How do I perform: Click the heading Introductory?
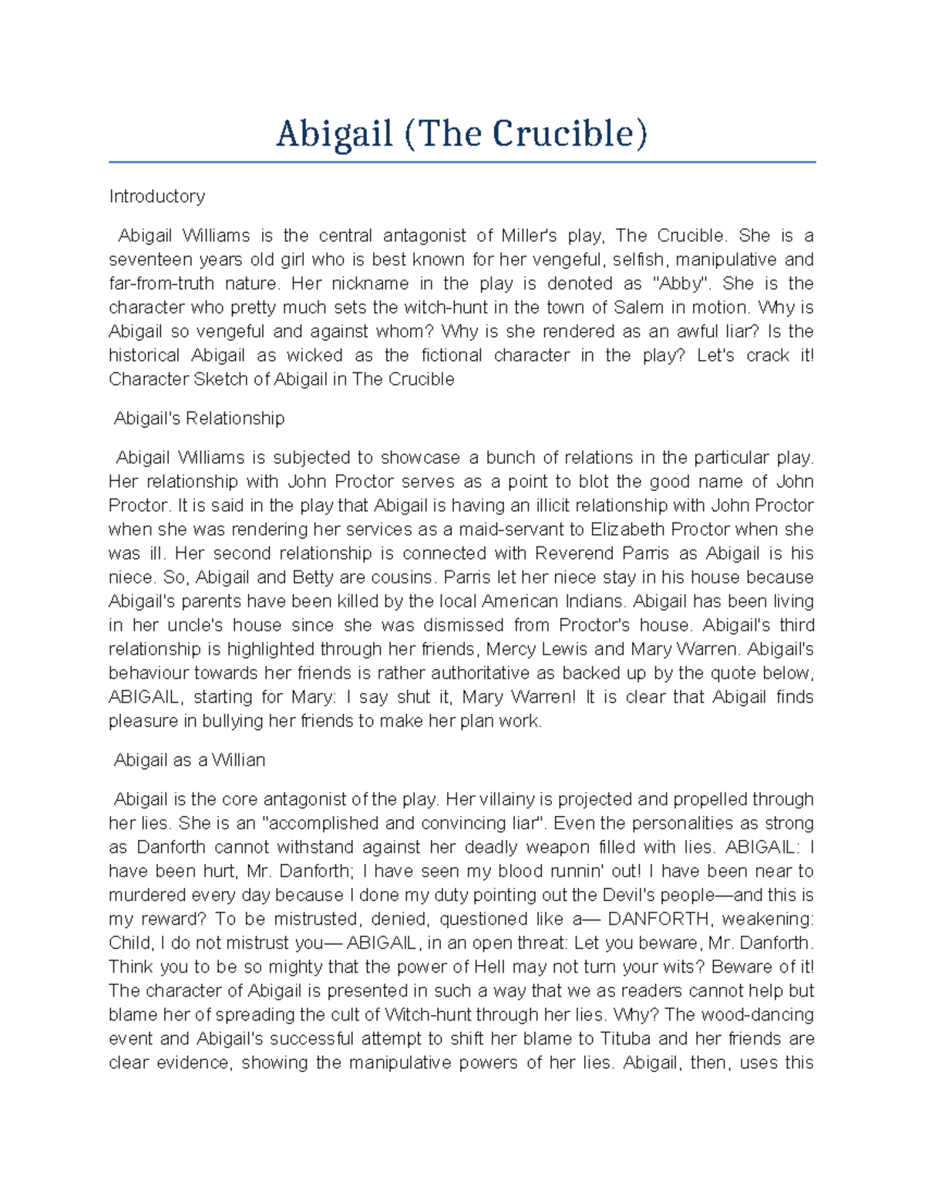156,197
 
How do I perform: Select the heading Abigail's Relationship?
199,419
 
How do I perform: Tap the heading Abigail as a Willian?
189,760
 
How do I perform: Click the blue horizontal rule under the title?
462,163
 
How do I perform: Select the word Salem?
638,307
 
